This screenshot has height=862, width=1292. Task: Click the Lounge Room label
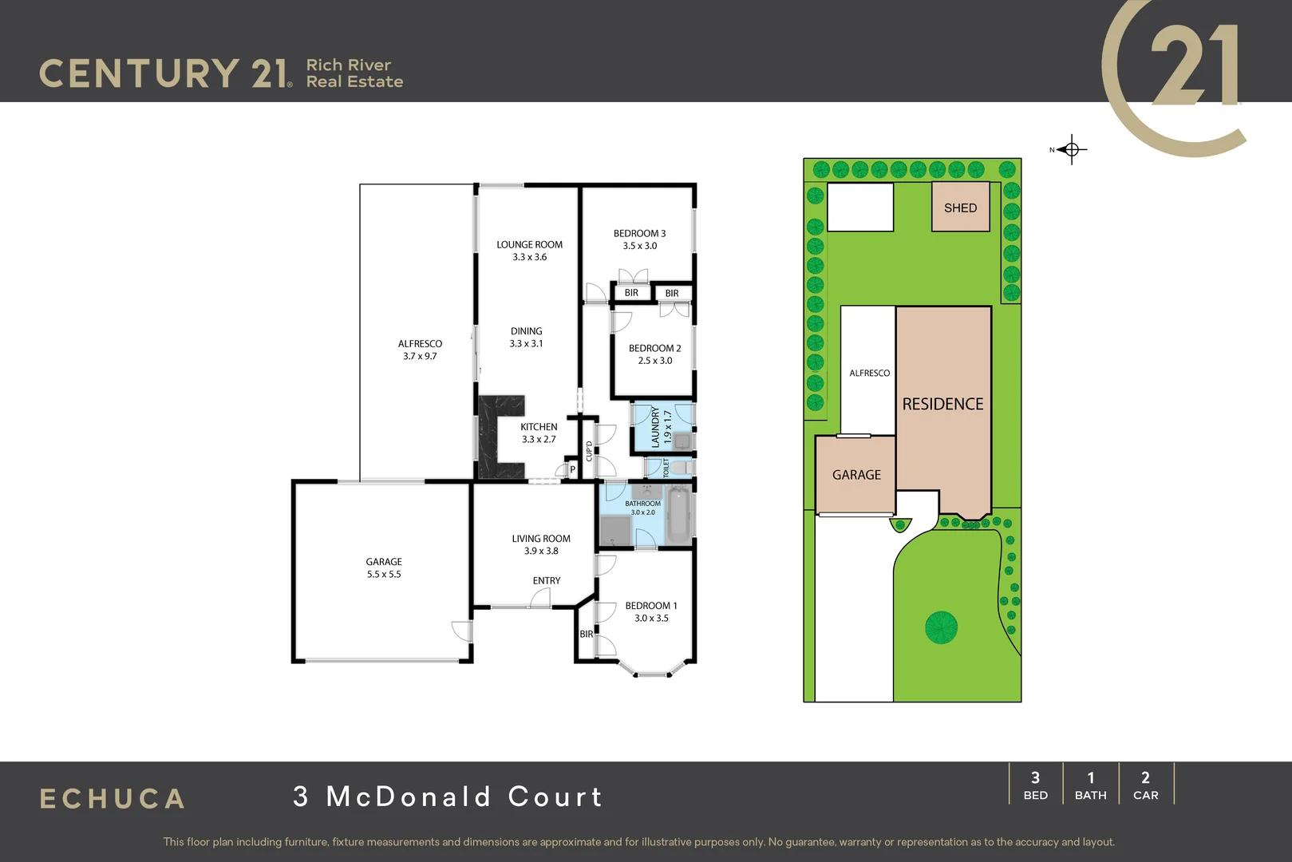coord(529,245)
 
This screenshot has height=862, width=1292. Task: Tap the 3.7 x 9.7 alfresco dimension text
coord(420,357)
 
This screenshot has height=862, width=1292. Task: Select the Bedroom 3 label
coord(639,234)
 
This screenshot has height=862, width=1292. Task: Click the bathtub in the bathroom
coord(679,512)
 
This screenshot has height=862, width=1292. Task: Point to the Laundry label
coord(655,427)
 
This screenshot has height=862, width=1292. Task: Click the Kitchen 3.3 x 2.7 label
coord(539,433)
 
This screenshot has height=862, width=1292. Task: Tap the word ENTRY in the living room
coord(547,581)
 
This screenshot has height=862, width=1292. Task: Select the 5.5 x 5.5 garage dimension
coord(384,575)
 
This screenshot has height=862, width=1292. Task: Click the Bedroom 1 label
coord(650,606)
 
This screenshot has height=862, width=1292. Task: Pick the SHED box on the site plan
coord(961,207)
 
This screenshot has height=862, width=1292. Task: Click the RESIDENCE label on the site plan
coord(942,405)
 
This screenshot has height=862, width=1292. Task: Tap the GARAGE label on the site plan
coord(856,475)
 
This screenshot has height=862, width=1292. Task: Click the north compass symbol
coord(1071,149)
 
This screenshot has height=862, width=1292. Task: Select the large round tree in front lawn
coord(941,627)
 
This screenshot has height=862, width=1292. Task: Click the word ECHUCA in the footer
coord(113,799)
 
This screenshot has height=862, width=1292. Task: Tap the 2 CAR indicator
coord(1145,785)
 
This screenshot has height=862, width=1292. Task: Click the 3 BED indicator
coord(1035,785)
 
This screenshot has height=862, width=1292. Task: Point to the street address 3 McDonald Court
coord(448,797)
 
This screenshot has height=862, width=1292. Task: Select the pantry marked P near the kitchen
coord(572,470)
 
